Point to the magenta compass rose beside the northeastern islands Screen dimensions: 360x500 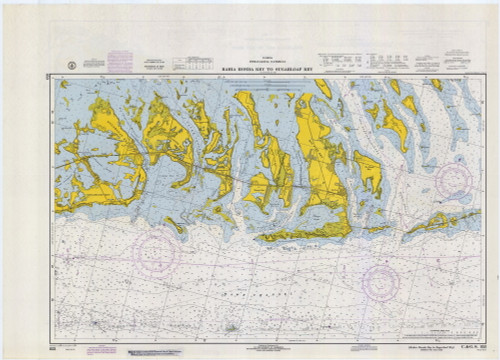[453, 180]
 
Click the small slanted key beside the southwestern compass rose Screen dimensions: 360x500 [176, 226]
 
